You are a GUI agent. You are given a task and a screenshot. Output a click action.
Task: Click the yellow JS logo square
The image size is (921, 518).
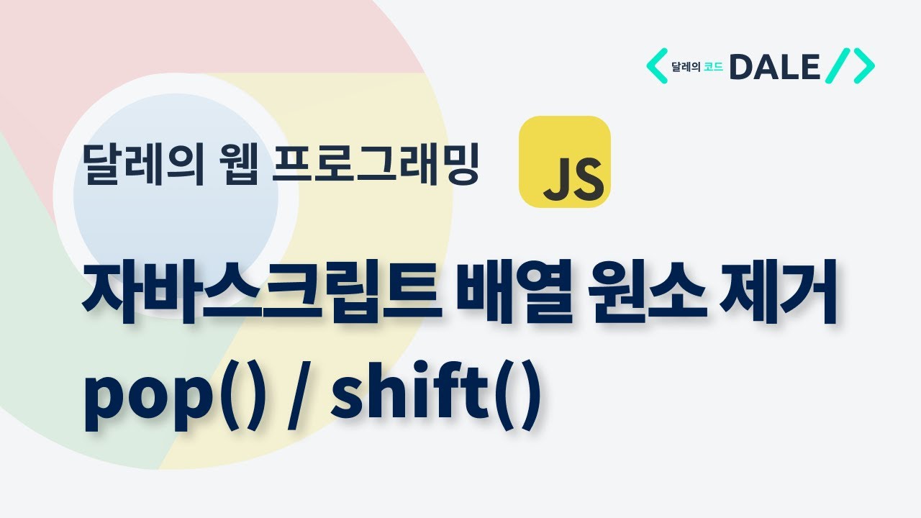point(565,162)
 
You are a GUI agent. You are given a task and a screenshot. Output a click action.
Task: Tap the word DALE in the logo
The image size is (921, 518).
point(774,67)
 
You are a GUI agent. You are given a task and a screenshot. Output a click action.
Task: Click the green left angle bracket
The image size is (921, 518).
point(656,66)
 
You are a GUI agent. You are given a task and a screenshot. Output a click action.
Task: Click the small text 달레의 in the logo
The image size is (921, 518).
point(686,68)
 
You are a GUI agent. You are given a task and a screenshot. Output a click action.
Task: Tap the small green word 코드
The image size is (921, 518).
point(714,68)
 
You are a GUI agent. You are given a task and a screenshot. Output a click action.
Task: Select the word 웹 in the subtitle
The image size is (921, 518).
point(232,166)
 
